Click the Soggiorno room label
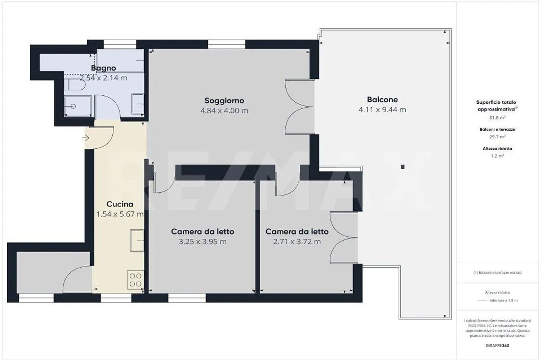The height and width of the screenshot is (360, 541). tap(224, 101)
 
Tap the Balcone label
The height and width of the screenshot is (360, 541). tap(382, 99)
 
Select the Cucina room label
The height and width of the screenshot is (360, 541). tap(119, 204)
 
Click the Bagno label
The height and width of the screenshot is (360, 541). tap(103, 68)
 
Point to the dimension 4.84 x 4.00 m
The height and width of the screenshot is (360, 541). tap(224, 111)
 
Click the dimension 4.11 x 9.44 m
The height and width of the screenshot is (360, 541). tap(382, 110)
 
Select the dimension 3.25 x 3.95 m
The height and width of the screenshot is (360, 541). tap(202, 242)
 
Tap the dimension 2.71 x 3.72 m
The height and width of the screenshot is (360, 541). tap(297, 242)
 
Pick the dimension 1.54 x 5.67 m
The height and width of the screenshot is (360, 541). tap(119, 214)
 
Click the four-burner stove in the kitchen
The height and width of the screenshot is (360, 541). tap(135, 280)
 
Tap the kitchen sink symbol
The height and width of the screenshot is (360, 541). tap(137, 241)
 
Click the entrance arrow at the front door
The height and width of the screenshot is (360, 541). tap(86, 138)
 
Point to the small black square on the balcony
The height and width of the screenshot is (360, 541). tap(402, 167)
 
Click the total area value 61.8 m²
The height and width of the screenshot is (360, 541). tap(497, 118)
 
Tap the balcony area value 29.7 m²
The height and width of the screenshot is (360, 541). tap(497, 137)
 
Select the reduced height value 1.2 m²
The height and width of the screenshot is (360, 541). tap(497, 156)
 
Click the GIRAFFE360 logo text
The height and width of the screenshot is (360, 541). tap(497, 346)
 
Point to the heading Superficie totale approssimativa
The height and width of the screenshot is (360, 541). tap(496, 105)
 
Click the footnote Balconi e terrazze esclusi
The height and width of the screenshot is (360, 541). tap(497, 273)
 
